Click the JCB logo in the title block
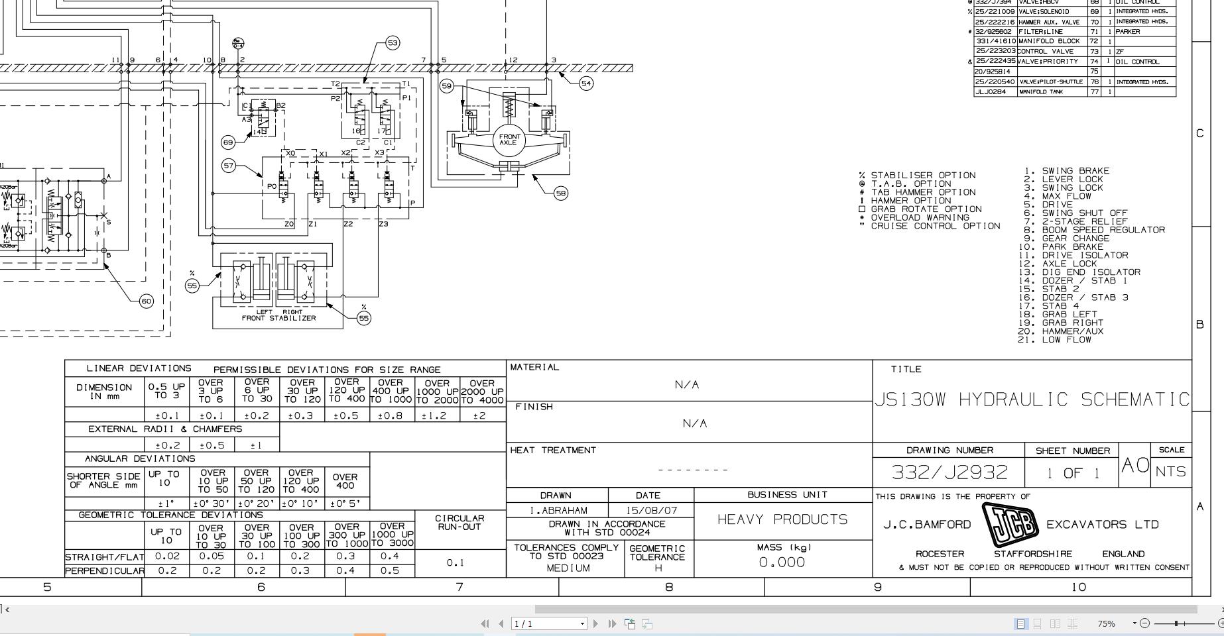point(1009,525)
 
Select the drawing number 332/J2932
point(949,472)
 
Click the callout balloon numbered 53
point(393,43)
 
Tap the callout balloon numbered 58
point(561,193)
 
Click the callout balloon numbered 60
point(146,301)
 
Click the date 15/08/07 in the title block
point(650,511)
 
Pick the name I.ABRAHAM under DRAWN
point(558,511)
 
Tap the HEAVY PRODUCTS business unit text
point(782,519)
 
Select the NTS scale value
point(1171,472)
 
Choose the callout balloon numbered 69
point(228,142)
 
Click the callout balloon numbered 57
point(229,166)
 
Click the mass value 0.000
point(782,562)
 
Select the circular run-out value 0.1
point(455,562)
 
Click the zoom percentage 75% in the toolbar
point(1105,623)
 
